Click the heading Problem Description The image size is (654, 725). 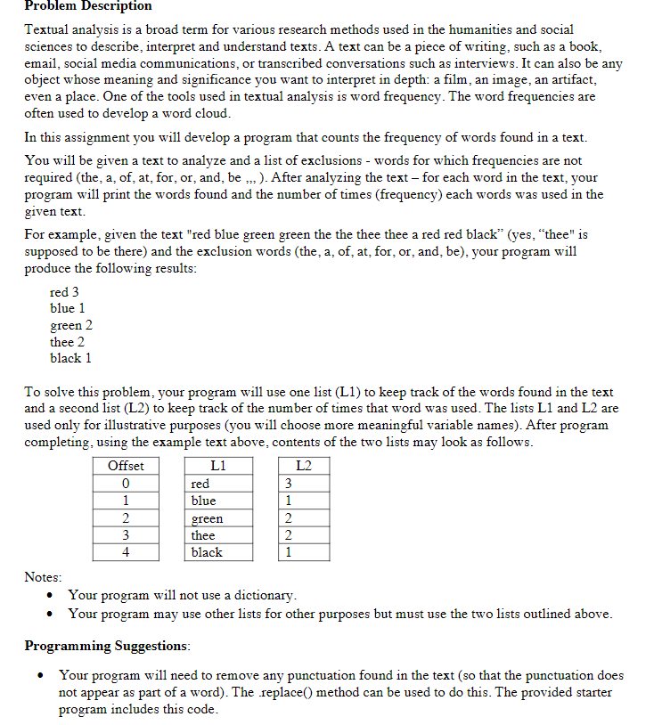[x=87, y=6]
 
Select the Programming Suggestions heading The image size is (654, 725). [x=105, y=645]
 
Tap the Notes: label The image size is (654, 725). [x=43, y=577]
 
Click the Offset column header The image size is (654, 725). [x=126, y=466]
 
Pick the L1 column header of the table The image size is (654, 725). [x=218, y=466]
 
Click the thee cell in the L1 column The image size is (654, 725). [x=203, y=535]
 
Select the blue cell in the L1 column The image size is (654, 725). [x=203, y=501]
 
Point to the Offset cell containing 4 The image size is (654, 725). [x=126, y=552]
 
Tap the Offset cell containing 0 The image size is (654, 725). [x=126, y=484]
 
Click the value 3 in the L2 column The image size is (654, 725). [x=287, y=484]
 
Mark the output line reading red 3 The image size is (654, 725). [x=64, y=292]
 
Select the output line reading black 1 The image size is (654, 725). [x=70, y=358]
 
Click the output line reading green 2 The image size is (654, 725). [x=71, y=325]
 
